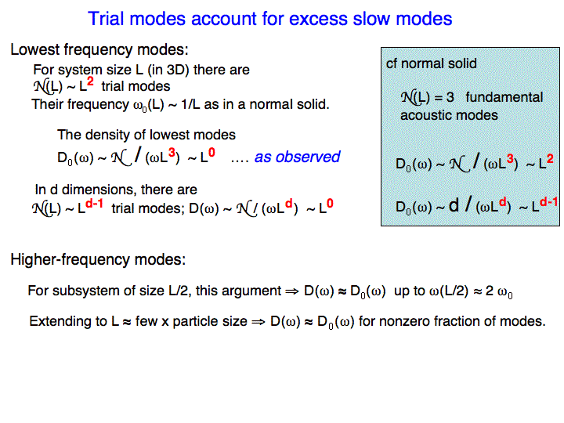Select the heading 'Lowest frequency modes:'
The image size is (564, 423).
pos(99,49)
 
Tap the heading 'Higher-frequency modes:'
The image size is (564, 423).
pos(98,259)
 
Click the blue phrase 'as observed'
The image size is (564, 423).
pos(297,157)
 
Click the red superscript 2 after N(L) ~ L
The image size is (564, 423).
pos(90,81)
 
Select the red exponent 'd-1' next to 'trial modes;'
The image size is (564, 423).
pos(94,203)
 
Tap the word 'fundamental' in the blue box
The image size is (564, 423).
pos(504,97)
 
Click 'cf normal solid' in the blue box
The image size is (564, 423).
pos(432,63)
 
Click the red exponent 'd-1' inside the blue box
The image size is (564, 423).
pos(548,202)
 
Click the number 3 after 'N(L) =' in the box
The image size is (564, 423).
pos(450,97)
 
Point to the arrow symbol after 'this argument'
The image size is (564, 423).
pos(292,291)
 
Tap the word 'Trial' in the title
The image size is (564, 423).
pos(106,19)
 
